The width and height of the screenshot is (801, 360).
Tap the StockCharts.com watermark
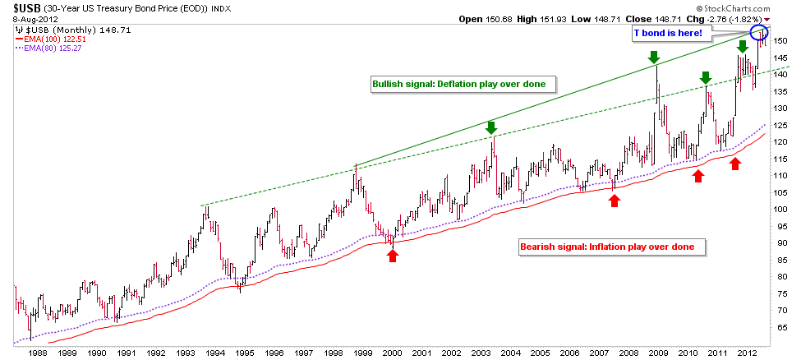pos(756,7)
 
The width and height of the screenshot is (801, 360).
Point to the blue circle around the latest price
pos(760,33)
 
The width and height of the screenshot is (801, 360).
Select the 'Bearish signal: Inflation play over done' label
pos(607,246)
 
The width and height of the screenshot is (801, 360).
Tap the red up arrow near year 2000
pos(393,255)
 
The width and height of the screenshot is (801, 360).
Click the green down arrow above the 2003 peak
pos(491,127)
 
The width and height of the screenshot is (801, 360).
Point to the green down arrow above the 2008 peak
pos(654,57)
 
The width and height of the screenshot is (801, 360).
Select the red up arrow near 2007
pos(615,200)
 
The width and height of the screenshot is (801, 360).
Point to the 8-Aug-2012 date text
pos(27,19)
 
